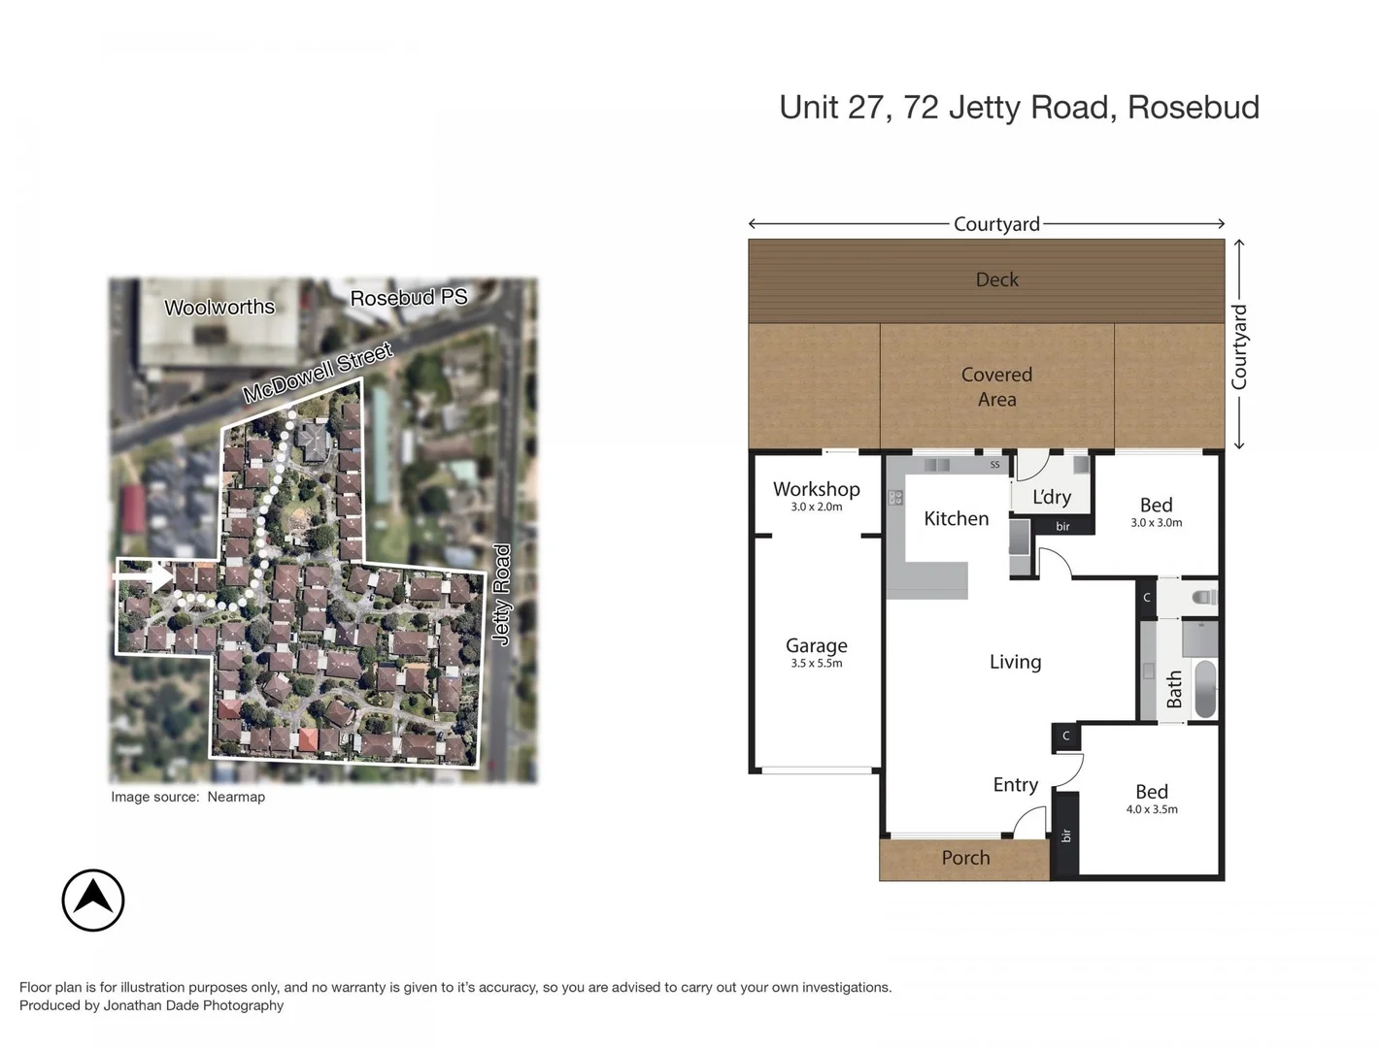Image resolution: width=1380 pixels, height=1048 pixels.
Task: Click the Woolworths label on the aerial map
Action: click(219, 308)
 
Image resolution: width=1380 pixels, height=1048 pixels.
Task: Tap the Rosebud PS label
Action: click(409, 298)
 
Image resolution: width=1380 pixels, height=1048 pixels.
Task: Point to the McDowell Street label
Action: click(318, 373)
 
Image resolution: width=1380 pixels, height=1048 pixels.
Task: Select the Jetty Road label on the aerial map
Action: click(501, 594)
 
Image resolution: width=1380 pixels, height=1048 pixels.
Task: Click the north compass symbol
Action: click(93, 900)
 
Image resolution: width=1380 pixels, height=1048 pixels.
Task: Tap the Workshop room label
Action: click(816, 489)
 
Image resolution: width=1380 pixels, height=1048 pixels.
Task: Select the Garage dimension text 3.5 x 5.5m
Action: click(816, 664)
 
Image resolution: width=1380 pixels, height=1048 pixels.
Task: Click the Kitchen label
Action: click(956, 519)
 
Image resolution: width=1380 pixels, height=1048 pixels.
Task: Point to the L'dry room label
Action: click(1052, 497)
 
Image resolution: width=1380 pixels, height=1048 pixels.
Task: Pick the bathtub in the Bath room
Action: click(1204, 689)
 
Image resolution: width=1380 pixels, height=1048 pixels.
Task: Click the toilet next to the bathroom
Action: click(1203, 598)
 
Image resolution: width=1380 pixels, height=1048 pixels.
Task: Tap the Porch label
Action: click(965, 858)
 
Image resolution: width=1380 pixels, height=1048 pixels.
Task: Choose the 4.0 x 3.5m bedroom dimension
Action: click(1152, 809)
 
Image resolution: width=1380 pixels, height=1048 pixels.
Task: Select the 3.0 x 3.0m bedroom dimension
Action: click(1156, 523)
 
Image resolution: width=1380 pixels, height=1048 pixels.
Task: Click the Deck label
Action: click(996, 279)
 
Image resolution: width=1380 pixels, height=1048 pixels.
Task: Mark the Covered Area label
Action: click(996, 386)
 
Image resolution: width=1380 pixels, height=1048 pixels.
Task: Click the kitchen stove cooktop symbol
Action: click(895, 498)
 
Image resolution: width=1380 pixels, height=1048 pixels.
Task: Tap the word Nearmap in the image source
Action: click(236, 797)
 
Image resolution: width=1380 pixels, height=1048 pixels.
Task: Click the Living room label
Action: click(1015, 662)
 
